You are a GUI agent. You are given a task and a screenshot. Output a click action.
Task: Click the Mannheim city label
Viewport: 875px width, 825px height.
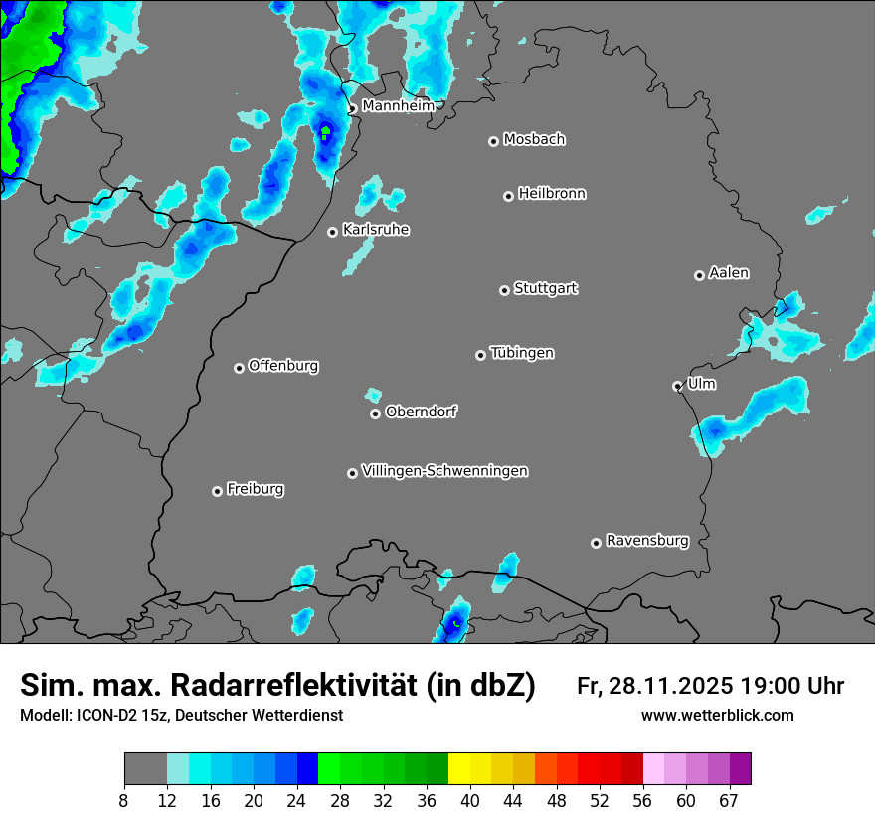[398, 105]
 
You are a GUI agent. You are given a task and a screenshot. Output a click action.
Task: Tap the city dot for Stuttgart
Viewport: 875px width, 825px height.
[504, 290]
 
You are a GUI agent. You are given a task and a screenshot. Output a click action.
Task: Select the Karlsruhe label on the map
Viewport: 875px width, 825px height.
[376, 230]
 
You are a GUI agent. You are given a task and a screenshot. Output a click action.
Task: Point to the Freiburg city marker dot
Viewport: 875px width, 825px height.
[217, 491]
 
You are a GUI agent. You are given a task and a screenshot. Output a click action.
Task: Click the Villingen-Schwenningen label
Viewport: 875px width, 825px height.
[444, 471]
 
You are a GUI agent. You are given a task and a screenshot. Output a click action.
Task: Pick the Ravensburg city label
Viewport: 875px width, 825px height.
[647, 541]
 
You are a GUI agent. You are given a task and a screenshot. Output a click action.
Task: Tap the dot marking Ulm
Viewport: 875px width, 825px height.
[677, 386]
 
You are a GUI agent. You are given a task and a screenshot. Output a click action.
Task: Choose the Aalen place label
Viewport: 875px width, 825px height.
[729, 273]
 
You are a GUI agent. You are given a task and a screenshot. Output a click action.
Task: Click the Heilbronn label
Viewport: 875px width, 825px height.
[552, 194]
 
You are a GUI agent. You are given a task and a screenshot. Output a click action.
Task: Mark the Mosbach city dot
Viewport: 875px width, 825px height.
[493, 141]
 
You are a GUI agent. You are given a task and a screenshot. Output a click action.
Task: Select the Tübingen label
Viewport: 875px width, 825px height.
[522, 353]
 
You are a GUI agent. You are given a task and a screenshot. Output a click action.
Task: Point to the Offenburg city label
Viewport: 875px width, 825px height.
[283, 366]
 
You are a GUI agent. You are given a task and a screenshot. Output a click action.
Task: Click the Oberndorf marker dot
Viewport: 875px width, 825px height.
[375, 413]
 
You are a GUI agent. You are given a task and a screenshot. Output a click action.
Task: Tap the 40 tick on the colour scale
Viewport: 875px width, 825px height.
[470, 801]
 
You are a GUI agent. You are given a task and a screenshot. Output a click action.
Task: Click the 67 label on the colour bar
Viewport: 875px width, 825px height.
[729, 801]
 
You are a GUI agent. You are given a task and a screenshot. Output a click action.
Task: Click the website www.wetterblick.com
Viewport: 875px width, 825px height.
[718, 716]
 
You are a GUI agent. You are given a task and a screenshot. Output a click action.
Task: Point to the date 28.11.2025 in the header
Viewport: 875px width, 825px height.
[671, 686]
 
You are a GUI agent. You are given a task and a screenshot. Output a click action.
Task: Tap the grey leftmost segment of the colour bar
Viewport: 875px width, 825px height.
[145, 769]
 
